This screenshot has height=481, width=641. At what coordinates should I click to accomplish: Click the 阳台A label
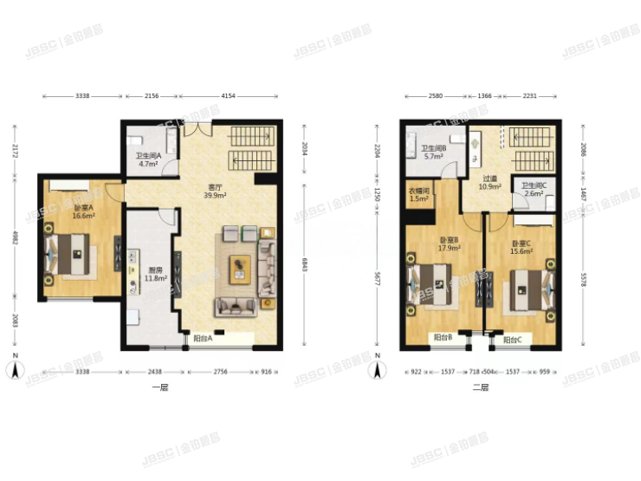click(202, 339)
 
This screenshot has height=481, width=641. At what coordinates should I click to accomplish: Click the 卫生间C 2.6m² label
click(532, 189)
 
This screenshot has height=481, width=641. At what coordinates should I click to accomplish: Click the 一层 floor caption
click(159, 387)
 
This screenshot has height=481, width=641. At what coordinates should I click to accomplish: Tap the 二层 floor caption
click(481, 387)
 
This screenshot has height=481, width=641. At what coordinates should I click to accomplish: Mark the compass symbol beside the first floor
click(15, 369)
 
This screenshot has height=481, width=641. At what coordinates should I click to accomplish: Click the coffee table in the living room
click(238, 268)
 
